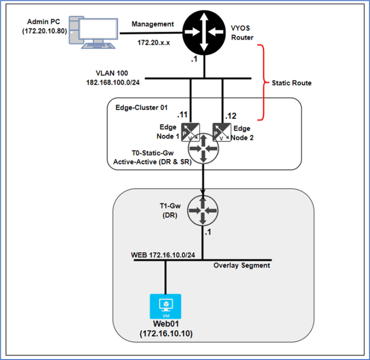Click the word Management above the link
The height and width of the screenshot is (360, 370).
(152, 24)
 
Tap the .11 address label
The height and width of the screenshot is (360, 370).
(182, 115)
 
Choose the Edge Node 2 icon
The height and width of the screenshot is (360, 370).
(220, 130)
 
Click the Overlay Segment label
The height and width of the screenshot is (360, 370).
(241, 265)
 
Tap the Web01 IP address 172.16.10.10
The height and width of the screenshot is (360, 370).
(165, 333)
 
